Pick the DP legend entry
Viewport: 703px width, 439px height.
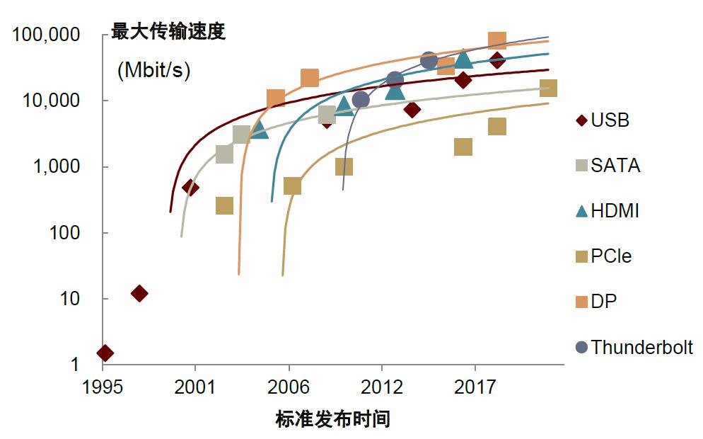(x=603, y=302)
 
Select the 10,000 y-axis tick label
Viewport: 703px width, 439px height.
(x=52, y=101)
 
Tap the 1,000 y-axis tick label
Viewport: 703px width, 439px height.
(x=57, y=167)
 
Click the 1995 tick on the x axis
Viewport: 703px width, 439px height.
(x=103, y=388)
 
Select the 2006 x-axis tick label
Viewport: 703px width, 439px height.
(x=289, y=388)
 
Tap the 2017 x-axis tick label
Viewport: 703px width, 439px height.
(x=475, y=388)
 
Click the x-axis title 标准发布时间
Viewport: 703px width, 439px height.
(x=332, y=419)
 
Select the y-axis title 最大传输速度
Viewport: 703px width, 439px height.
(x=168, y=33)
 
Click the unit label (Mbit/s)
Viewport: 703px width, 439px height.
(x=153, y=71)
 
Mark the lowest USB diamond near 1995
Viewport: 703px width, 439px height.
(x=105, y=353)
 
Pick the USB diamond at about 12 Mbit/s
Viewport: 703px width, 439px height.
(x=139, y=293)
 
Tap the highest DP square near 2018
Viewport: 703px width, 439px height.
(x=497, y=40)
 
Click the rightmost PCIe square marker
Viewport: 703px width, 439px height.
(x=548, y=89)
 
